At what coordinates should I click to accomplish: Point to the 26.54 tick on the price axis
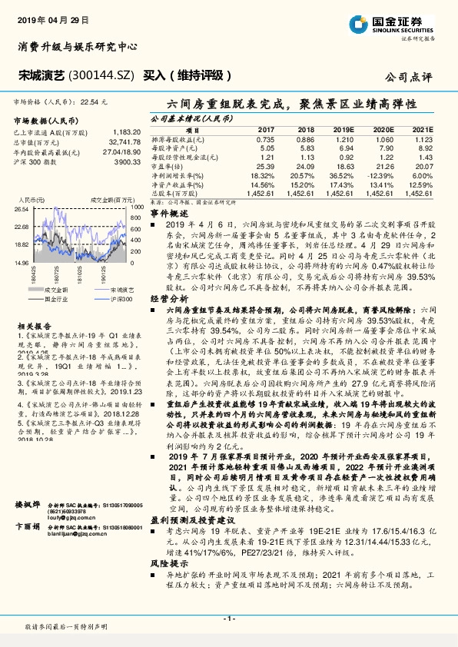tap(21, 208)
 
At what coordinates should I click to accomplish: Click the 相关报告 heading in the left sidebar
tap(33, 325)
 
